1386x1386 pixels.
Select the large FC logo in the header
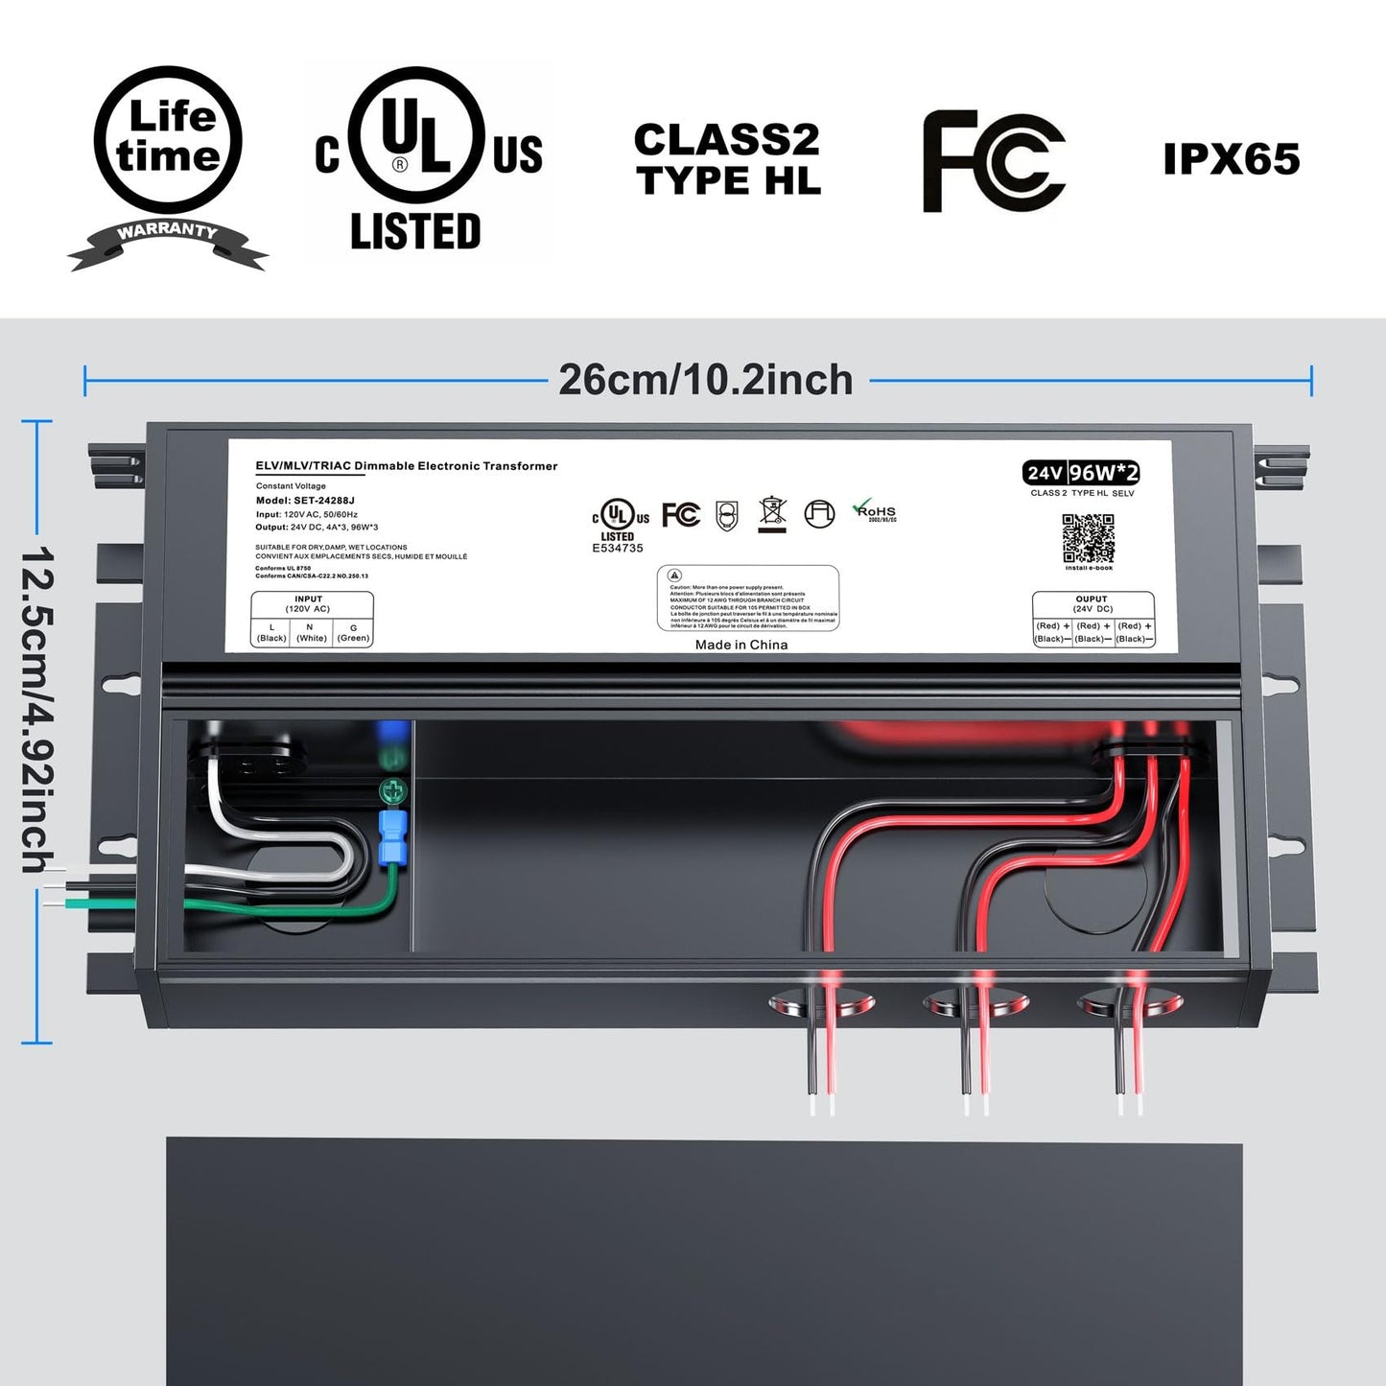click(993, 161)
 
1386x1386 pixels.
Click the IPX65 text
click(1232, 159)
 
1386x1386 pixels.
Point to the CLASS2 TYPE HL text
click(728, 160)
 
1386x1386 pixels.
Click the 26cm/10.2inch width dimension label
click(706, 381)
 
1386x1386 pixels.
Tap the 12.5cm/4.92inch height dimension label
click(36, 710)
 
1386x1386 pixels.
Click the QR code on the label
click(1088, 539)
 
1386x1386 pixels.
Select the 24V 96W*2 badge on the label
click(1082, 473)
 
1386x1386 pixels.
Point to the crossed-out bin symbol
click(772, 513)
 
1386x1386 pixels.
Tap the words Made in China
click(741, 645)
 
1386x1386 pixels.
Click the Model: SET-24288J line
click(305, 501)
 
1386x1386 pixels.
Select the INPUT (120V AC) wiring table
click(312, 619)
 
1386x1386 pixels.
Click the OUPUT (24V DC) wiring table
click(1092, 619)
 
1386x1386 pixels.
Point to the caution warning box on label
click(747, 598)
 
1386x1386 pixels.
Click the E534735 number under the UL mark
click(618, 549)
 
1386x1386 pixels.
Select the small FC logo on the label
click(681, 515)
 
